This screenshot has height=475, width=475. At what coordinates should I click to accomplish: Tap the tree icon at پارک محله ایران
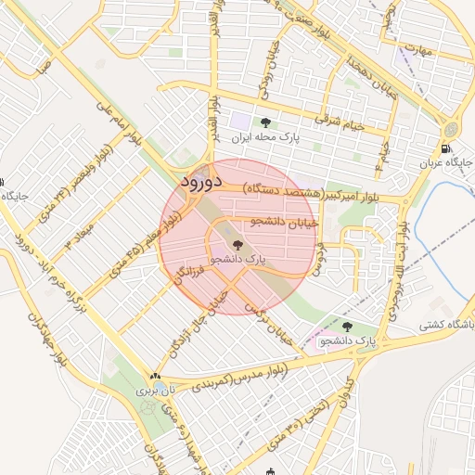[x=266, y=122]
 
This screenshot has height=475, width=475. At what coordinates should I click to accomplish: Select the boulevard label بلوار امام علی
[x=122, y=130]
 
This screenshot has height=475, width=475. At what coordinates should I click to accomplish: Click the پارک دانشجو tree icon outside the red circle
[x=347, y=327]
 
